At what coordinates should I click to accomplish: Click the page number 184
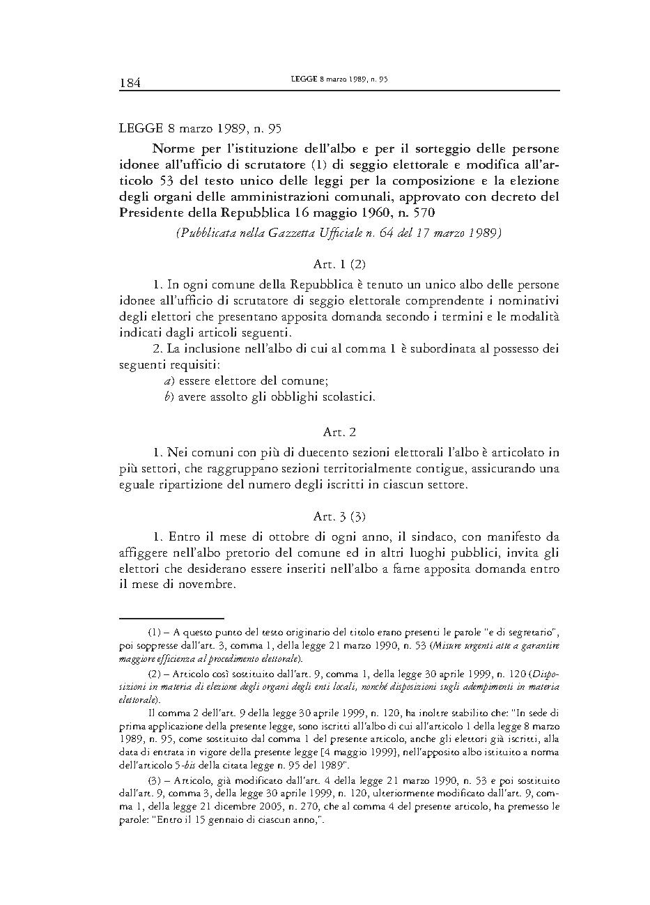pyautogui.click(x=130, y=83)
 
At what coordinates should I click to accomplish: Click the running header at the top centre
pyautogui.click(x=339, y=80)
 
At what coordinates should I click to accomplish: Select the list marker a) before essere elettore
pyautogui.click(x=168, y=380)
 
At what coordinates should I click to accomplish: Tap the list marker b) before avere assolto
pyautogui.click(x=168, y=397)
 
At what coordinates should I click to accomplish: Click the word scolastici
pyautogui.click(x=348, y=397)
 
